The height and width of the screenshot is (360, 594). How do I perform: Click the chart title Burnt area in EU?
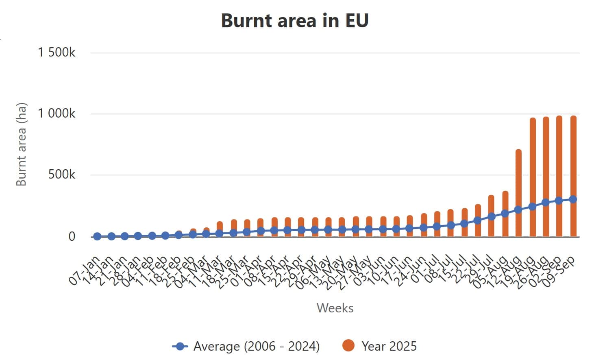tap(295, 20)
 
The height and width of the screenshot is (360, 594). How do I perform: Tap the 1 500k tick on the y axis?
tap(57, 52)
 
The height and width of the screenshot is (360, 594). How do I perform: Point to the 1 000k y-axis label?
tap(57, 113)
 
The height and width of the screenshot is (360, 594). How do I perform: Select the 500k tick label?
tap(62, 175)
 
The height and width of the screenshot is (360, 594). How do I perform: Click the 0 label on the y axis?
tap(72, 236)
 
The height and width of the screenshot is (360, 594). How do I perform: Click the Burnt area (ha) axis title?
tap(21, 144)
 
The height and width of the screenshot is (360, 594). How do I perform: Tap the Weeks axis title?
tap(335, 308)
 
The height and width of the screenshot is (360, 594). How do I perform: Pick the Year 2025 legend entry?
tap(380, 346)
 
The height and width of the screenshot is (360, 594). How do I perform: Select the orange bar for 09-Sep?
tap(573, 163)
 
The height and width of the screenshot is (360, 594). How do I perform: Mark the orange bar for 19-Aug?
tap(532, 163)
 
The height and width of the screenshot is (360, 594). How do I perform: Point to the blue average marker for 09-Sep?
tap(573, 199)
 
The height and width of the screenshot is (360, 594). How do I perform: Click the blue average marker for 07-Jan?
tap(97, 236)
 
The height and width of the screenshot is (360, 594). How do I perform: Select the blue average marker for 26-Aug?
tap(546, 202)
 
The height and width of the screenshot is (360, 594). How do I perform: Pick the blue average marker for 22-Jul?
tap(478, 220)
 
